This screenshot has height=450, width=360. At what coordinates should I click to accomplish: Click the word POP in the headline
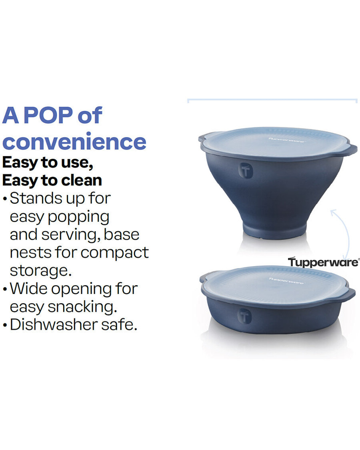pyautogui.click(x=48, y=116)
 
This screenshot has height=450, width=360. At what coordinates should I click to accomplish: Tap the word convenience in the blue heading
pyautogui.click(x=74, y=142)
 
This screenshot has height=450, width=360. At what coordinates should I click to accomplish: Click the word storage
pyautogui.click(x=40, y=270)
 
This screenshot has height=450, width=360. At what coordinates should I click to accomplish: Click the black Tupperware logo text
pyautogui.click(x=323, y=262)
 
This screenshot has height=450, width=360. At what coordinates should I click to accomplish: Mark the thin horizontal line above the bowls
pyautogui.click(x=272, y=99)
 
